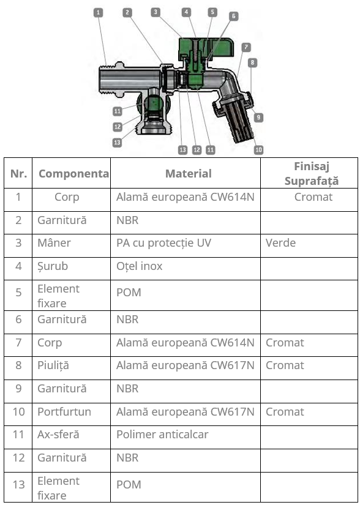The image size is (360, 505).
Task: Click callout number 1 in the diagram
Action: point(98,13)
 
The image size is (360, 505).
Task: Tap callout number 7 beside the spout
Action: point(246,47)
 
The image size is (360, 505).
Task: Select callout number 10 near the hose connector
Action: point(258,150)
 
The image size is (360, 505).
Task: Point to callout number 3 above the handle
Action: point(156,12)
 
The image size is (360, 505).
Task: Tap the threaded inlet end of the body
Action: point(107,79)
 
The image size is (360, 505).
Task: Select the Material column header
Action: point(189,174)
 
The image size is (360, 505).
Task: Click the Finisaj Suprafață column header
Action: point(312,174)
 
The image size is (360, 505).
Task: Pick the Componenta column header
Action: point(73,174)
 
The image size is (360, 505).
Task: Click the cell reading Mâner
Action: point(54,243)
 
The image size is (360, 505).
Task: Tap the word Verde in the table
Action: point(280,243)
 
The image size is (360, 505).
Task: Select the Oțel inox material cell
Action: point(140,266)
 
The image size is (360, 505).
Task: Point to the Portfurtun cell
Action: point(64,411)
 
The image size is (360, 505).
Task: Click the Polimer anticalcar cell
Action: point(162,435)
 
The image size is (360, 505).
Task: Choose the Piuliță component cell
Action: point(53,365)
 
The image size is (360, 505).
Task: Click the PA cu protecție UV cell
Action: point(163,243)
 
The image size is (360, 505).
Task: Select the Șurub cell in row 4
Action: point(53,266)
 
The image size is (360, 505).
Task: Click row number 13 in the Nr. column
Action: point(18,485)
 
